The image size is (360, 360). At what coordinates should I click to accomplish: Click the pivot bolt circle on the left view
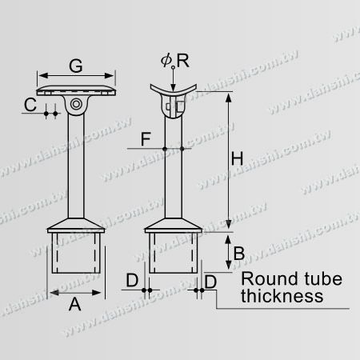(x=77, y=105)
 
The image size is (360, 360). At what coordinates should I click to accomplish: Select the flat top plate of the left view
(x=77, y=90)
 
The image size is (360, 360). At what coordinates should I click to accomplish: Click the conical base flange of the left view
(x=77, y=223)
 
